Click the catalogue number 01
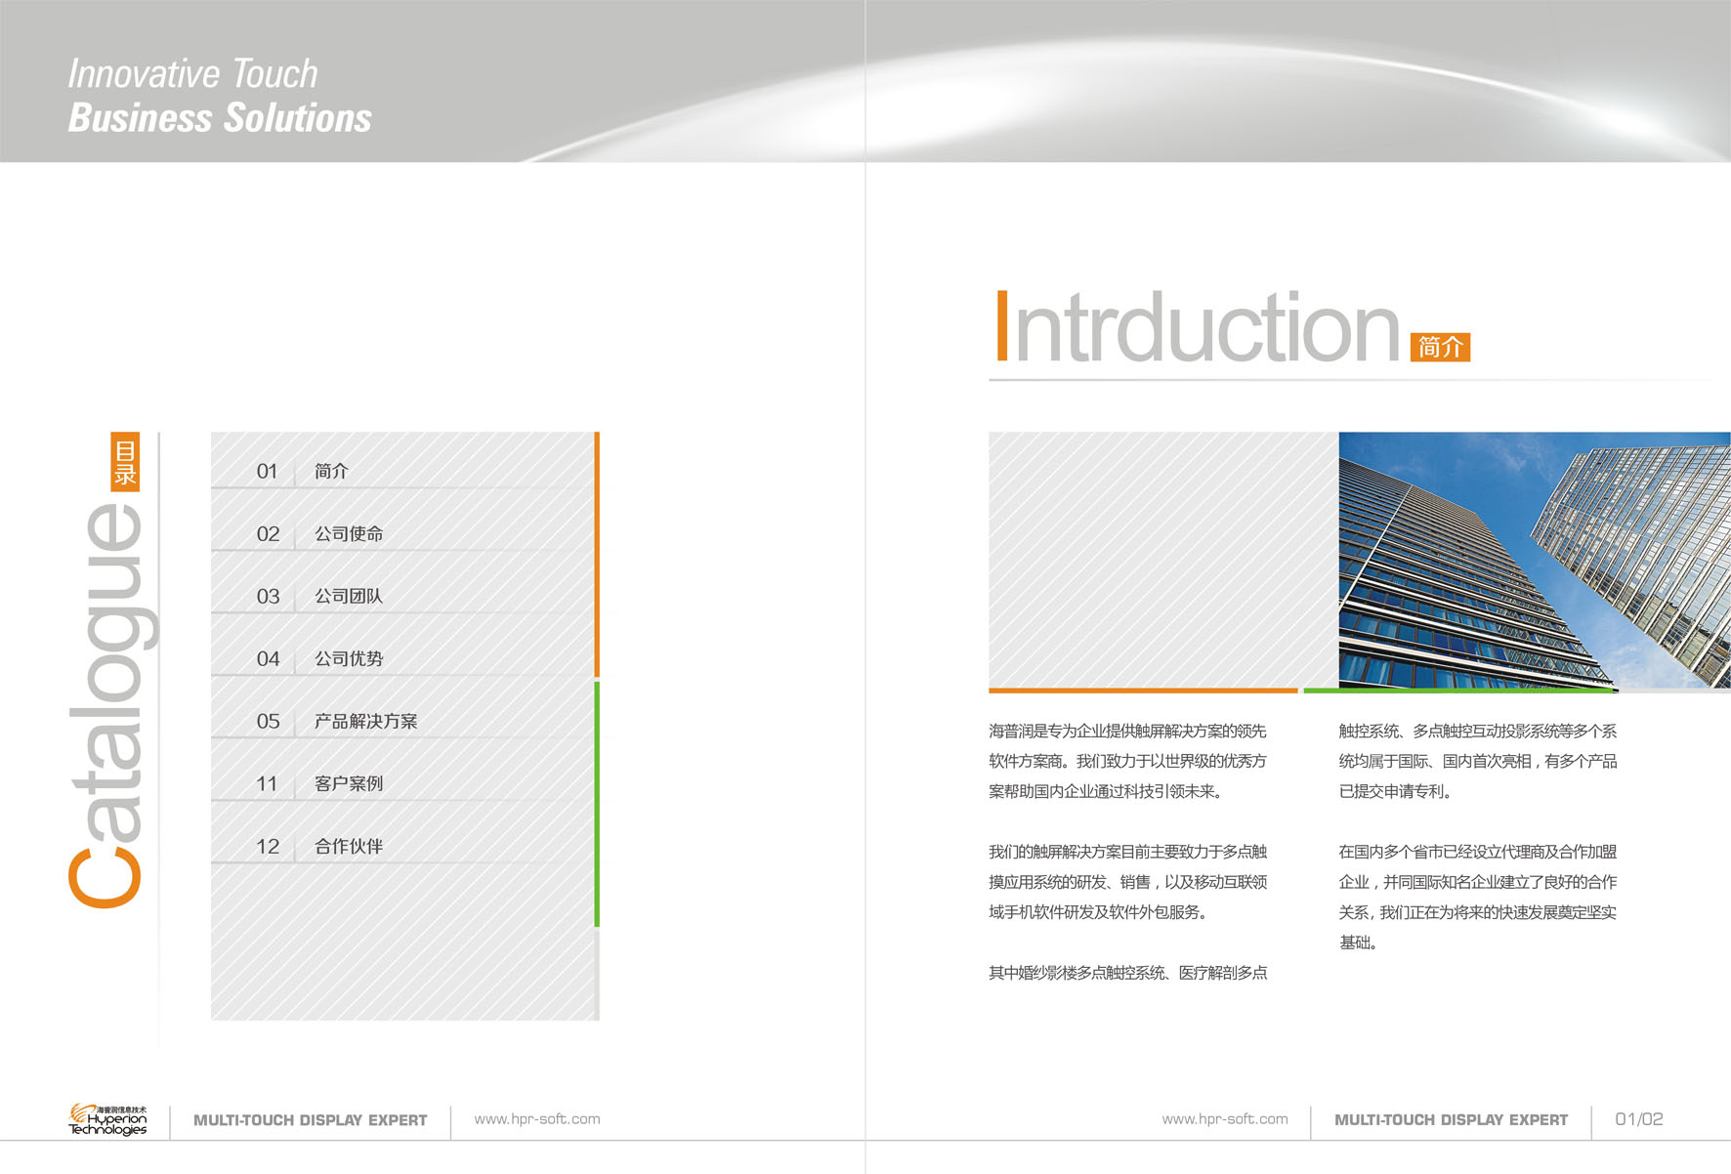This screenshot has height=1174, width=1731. (268, 472)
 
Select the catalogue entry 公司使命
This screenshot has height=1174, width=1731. (349, 534)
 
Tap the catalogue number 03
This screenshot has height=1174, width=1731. (268, 597)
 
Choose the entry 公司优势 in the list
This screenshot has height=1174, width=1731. (349, 659)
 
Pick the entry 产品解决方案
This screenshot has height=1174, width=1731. (365, 722)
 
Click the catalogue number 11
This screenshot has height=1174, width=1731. (267, 784)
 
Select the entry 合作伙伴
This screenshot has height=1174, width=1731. (349, 847)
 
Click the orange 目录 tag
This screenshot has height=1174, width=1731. (125, 462)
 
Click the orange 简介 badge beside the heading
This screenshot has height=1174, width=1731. (1440, 347)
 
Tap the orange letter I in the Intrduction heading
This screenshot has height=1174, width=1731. (1001, 326)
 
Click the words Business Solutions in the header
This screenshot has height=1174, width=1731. (220, 118)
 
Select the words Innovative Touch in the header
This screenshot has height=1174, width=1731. (192, 74)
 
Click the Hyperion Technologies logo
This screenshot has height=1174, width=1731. (107, 1119)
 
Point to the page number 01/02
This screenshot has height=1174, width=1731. (1639, 1119)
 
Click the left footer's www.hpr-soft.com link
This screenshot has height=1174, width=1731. (537, 1119)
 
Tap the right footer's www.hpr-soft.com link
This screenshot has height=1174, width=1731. (1225, 1119)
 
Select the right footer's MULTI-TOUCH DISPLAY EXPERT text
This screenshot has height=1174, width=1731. (1452, 1120)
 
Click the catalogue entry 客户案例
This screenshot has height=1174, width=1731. (349, 784)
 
